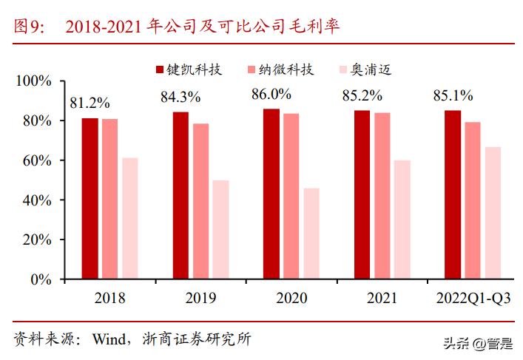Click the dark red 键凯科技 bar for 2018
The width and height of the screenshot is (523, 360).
tap(90, 199)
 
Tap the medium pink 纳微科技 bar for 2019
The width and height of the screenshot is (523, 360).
tap(200, 202)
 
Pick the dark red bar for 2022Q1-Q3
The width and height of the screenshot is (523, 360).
tap(453, 195)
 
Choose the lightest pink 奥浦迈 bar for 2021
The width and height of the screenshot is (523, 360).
tap(402, 220)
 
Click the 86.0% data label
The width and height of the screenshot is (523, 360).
tap(271, 95)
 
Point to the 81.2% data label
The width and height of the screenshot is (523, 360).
tap(90, 103)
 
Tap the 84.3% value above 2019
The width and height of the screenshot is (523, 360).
tap(181, 96)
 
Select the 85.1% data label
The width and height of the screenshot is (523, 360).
tap(453, 95)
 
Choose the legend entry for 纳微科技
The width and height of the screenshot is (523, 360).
tap(280, 70)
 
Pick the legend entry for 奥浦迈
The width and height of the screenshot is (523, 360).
tap(362, 70)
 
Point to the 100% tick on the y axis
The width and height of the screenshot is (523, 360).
tap(34, 81)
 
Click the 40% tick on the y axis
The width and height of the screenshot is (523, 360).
tap(38, 200)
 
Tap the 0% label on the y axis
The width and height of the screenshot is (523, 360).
tap(41, 280)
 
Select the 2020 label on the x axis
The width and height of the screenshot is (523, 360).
tap(291, 298)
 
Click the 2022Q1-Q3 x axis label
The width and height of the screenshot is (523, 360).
tap(473, 298)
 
